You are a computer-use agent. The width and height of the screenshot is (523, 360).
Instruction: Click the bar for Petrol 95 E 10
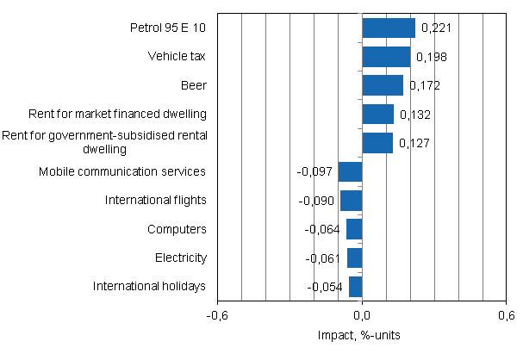[x=389, y=28]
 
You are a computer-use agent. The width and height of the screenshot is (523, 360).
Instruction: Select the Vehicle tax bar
[x=386, y=57]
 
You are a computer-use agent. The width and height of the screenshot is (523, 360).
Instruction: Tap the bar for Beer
[x=383, y=85]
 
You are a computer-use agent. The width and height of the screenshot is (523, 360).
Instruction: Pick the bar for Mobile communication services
[x=351, y=171]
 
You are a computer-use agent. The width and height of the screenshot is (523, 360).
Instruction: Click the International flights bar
[x=352, y=201]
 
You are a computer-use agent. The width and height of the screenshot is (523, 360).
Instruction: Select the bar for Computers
[x=354, y=229]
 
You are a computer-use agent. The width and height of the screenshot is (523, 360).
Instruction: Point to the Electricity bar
[x=355, y=258]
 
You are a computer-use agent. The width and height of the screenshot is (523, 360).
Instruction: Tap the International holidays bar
[x=356, y=287]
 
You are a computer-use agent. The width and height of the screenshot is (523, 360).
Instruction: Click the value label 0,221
[x=436, y=28]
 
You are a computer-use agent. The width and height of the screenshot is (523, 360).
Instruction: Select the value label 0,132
[x=414, y=115]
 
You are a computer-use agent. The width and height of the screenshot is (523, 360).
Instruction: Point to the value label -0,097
[x=315, y=172]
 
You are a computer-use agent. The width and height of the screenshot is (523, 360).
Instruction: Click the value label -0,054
[x=326, y=288]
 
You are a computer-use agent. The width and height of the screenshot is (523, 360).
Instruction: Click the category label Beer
[x=195, y=85]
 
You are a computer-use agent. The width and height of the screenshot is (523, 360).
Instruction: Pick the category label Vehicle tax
[x=177, y=57]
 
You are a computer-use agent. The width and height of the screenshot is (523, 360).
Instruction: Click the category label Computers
[x=177, y=229]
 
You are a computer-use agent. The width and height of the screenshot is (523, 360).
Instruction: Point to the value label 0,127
[x=414, y=143]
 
